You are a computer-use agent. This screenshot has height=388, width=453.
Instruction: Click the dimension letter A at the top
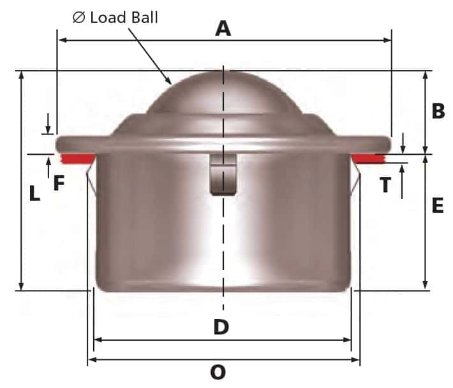223,28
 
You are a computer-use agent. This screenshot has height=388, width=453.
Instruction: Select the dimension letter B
438,111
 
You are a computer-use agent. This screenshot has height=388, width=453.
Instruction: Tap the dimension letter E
438,206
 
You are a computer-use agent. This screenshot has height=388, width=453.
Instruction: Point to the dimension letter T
385,185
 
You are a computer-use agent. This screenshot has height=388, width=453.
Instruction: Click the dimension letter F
59,184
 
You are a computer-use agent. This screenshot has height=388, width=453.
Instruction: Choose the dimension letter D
221,327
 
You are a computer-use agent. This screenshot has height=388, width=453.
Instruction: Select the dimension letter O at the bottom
218,372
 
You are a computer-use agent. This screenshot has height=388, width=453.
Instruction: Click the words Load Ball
124,17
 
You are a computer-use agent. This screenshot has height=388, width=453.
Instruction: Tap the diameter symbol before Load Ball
79,17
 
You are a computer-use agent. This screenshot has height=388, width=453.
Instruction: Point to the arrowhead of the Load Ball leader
170,83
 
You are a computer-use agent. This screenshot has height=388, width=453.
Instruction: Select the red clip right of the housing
369,158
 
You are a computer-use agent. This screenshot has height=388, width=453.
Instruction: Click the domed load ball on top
223,92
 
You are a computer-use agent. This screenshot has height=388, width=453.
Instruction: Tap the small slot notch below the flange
222,175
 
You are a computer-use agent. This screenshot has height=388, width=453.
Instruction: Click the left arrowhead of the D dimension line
97,340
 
